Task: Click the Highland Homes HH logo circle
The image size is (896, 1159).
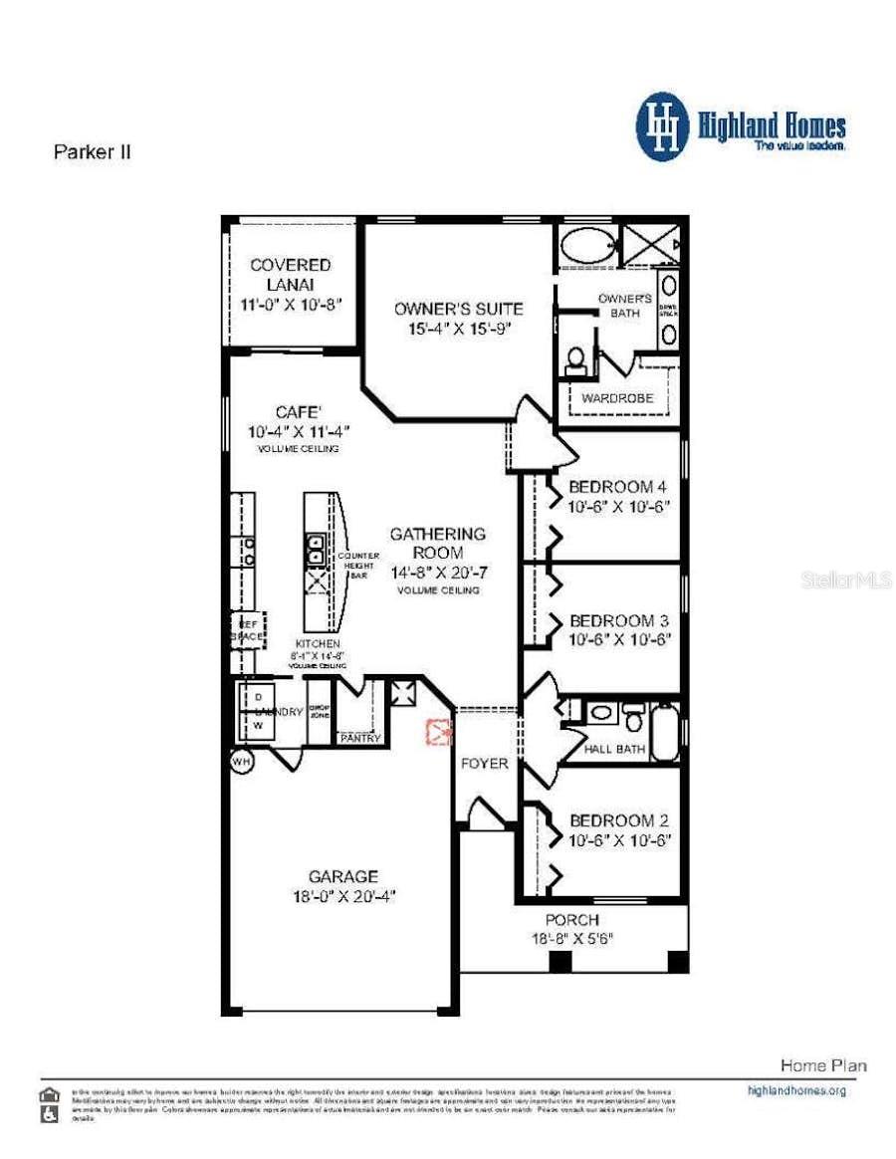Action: (663, 126)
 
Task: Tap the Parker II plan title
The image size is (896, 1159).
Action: (91, 152)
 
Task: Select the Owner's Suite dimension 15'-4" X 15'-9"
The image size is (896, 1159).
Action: (457, 328)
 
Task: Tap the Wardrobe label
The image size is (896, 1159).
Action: (617, 398)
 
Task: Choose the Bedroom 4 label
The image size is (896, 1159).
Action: (616, 487)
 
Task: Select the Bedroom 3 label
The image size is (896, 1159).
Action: (616, 619)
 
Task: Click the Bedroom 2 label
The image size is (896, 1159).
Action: (616, 820)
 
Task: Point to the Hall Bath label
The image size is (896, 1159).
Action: (614, 749)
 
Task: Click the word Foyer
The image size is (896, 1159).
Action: (485, 764)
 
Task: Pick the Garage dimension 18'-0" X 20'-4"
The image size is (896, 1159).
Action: (342, 895)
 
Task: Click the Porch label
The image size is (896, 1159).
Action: (571, 920)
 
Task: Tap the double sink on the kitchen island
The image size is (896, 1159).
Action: (315, 549)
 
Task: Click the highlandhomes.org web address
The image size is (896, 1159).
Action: (795, 1090)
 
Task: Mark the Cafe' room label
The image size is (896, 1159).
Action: (298, 412)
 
